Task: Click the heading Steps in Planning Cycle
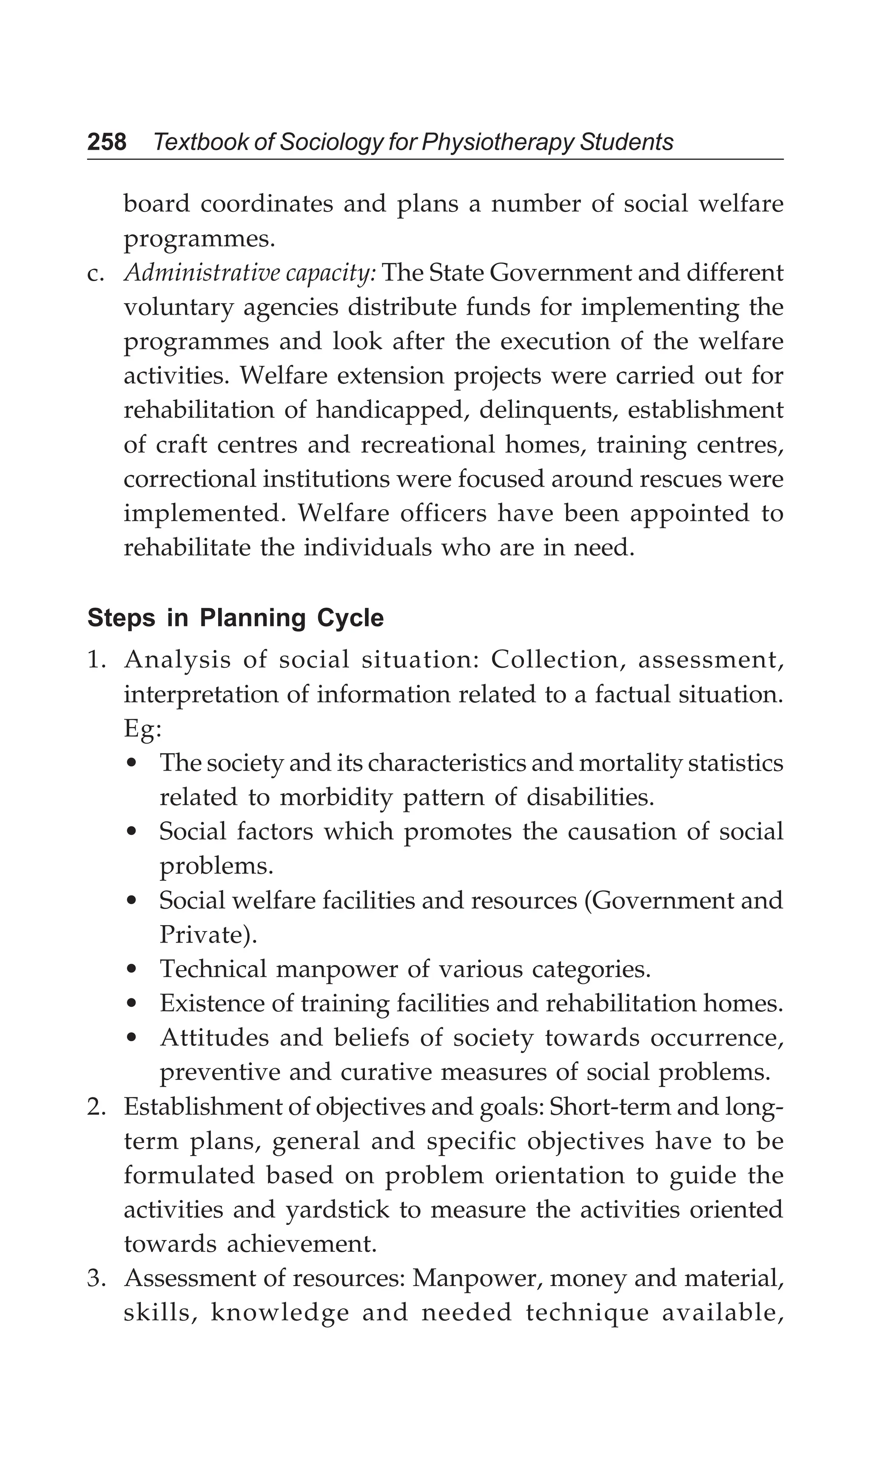[235, 619]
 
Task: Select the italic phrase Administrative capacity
[250, 274]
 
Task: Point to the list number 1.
[96, 660]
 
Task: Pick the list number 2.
[96, 1107]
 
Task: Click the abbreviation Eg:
[142, 730]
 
